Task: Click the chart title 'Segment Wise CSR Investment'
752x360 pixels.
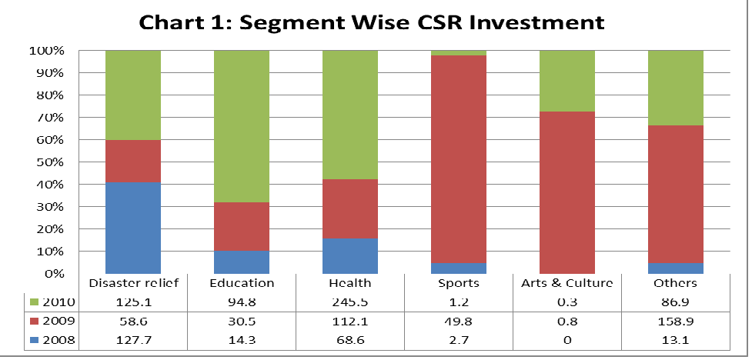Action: point(371,23)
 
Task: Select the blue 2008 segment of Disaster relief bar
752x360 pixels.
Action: point(134,228)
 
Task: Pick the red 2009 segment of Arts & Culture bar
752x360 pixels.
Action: point(567,192)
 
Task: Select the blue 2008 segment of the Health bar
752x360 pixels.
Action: point(350,255)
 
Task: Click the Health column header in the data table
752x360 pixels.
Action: point(350,283)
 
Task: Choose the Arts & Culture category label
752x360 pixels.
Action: point(567,283)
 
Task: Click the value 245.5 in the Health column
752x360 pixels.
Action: point(350,301)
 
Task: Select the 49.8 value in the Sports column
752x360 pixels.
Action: point(459,318)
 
